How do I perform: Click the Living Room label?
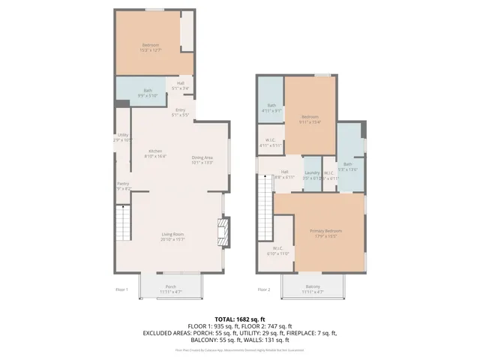tap(172, 235)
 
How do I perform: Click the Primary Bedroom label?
tap(325, 231)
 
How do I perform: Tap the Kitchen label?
tap(155, 151)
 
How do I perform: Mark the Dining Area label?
tap(202, 157)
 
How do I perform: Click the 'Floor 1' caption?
tap(121, 289)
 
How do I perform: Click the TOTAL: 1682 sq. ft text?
tap(240, 319)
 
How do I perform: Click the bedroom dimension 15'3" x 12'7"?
tap(151, 51)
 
